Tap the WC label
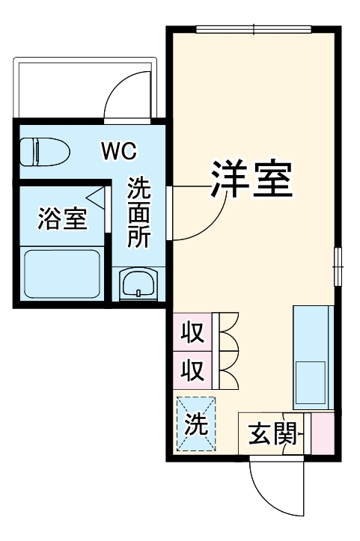(x=119, y=152)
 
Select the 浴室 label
(x=63, y=220)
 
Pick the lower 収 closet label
(x=194, y=370)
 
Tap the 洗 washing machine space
(x=195, y=424)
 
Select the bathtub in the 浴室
(x=62, y=273)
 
